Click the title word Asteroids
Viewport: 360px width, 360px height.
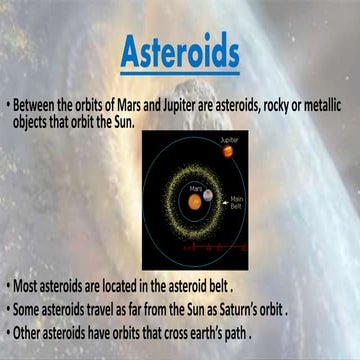tap(180, 53)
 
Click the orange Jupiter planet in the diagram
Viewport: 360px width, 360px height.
tap(228, 152)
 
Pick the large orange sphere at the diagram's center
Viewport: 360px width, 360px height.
tap(194, 197)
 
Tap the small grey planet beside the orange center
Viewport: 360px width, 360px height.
tap(208, 195)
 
